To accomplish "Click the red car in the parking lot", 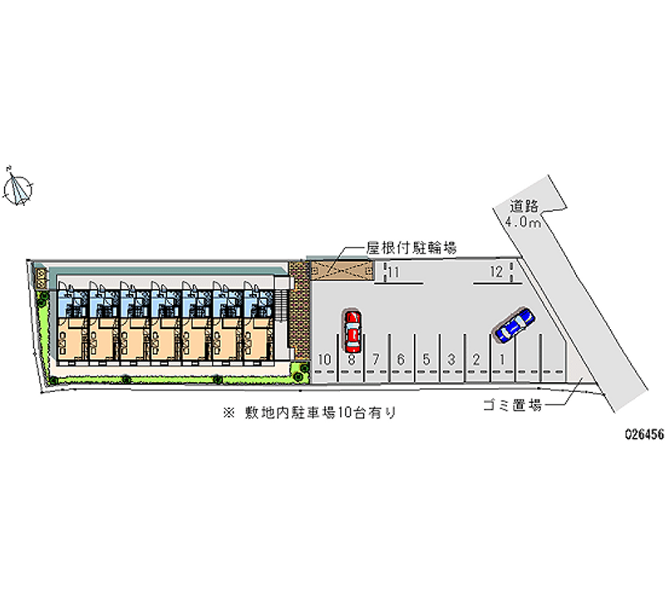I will tap(352, 328).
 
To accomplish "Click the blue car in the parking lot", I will tap(513, 324).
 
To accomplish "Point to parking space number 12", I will tap(495, 272).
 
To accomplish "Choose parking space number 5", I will tap(426, 359).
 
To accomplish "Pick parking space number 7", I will tap(376, 359).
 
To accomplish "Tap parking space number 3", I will tap(451, 359).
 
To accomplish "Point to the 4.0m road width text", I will tap(523, 223).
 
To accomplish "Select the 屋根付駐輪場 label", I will tap(411, 248).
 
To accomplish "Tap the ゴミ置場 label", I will tap(511, 405).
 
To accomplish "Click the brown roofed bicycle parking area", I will tap(340, 269).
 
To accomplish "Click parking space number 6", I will tap(401, 359).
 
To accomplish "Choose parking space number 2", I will tap(475, 359).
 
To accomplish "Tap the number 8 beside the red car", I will tap(352, 359).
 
